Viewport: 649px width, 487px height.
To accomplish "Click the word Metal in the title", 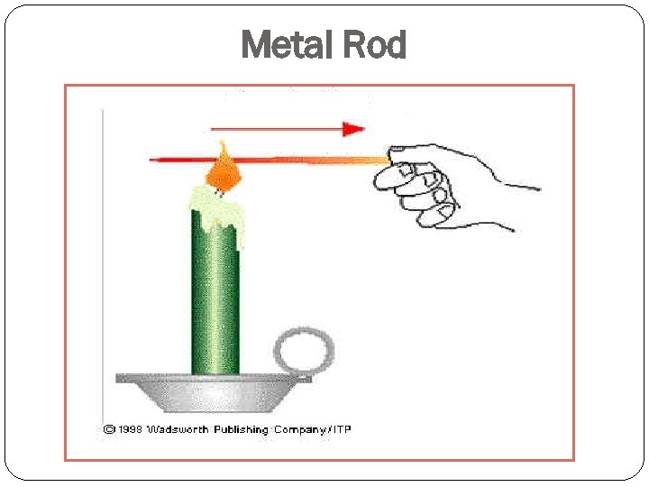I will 286,45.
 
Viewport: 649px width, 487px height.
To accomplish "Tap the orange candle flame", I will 224,170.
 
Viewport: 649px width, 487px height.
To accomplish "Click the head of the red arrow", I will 354,129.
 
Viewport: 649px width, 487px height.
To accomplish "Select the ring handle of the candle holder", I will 304,351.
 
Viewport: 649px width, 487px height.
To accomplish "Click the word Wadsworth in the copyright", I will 181,429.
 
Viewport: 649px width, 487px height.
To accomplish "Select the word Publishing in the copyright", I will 241,429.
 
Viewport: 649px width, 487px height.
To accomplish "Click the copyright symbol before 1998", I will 108,429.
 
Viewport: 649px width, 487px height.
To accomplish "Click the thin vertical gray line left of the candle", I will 103,253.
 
